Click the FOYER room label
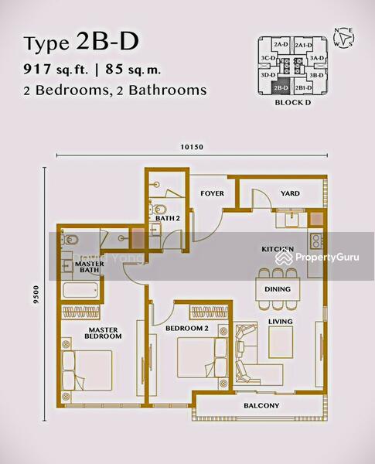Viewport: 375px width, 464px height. click(x=212, y=193)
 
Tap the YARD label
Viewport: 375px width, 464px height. click(x=290, y=193)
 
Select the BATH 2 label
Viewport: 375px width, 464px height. click(x=167, y=218)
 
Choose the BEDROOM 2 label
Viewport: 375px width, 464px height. click(x=186, y=329)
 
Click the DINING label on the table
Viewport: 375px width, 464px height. click(x=277, y=290)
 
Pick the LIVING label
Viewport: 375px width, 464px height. click(x=280, y=321)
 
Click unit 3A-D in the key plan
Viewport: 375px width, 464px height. click(x=316, y=58)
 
